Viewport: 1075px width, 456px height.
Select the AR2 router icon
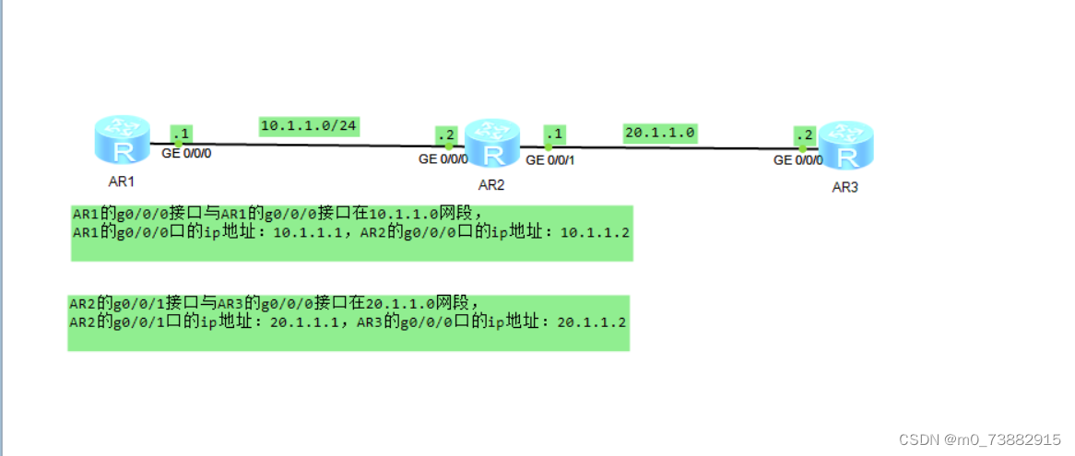click(492, 144)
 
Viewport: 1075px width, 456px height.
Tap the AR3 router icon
click(845, 146)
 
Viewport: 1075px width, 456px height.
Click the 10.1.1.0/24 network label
click(309, 126)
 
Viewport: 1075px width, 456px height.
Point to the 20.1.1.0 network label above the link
click(659, 133)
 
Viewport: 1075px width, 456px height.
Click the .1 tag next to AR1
click(181, 134)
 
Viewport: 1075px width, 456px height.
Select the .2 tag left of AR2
click(446, 134)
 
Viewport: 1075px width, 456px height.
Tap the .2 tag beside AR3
click(804, 135)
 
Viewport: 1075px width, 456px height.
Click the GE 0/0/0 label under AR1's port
click(187, 154)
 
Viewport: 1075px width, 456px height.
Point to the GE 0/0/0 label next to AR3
click(797, 160)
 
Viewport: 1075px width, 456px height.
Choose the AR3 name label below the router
click(845, 187)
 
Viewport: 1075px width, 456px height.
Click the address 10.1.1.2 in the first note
click(595, 232)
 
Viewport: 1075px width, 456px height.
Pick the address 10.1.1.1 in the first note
click(308, 232)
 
